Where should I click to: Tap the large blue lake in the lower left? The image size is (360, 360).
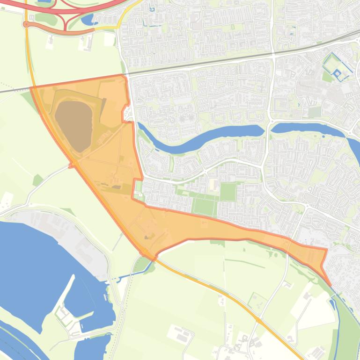click(x=33, y=262)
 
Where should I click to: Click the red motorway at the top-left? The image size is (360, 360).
click(x=28, y=6)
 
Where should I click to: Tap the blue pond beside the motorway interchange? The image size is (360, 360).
click(x=88, y=19)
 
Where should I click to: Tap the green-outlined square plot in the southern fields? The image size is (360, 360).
click(x=257, y=302)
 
